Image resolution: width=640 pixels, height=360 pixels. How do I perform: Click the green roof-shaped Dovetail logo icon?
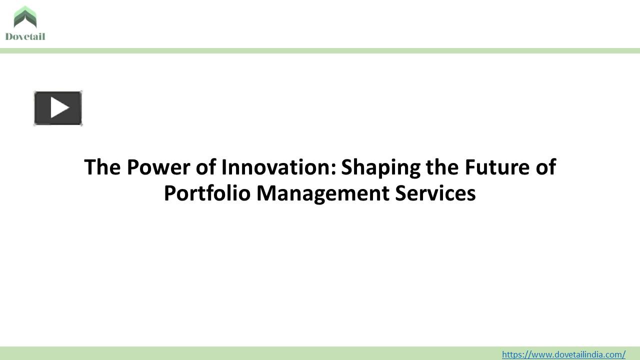(25, 17)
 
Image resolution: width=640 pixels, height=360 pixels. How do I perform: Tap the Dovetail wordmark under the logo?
(25, 36)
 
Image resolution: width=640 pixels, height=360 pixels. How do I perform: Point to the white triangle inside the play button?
(59, 108)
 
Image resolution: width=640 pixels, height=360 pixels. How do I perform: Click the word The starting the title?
(102, 167)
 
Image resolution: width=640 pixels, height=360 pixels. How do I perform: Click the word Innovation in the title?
(275, 167)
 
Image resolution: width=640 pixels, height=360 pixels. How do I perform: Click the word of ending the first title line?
(546, 167)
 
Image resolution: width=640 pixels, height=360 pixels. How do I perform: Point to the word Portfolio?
(207, 193)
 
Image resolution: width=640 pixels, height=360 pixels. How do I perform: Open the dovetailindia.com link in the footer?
(563, 354)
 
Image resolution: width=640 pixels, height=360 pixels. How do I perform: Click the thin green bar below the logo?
(320, 50)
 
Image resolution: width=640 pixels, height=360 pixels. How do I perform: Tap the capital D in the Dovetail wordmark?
(9, 36)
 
